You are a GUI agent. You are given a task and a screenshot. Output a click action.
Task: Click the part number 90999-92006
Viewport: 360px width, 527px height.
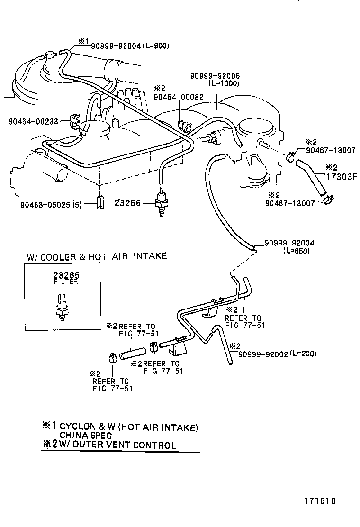pyautogui.click(x=215, y=76)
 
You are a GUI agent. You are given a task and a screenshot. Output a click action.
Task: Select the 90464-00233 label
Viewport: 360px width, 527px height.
pyautogui.click(x=33, y=122)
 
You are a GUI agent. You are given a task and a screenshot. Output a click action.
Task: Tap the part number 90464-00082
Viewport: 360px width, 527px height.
pyautogui.click(x=178, y=97)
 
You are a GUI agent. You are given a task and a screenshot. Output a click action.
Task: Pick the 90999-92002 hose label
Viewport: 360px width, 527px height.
pyautogui.click(x=262, y=354)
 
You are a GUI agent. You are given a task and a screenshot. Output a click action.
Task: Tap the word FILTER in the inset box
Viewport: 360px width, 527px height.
pyautogui.click(x=66, y=282)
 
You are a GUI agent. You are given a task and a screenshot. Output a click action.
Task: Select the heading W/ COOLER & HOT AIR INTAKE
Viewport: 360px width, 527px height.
pyautogui.click(x=97, y=256)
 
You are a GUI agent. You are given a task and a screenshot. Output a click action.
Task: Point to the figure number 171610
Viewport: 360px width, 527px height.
pyautogui.click(x=320, y=500)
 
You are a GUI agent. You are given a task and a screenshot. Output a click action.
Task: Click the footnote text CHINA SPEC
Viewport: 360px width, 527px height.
pyautogui.click(x=86, y=436)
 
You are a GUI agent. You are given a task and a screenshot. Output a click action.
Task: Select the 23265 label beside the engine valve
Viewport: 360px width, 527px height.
pyautogui.click(x=127, y=203)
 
